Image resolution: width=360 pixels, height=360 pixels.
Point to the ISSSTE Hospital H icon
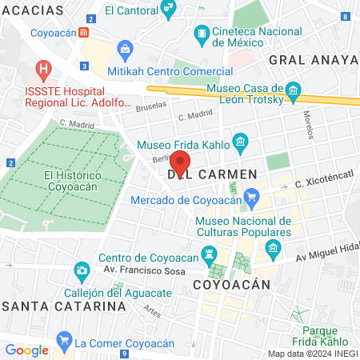coord(44,69)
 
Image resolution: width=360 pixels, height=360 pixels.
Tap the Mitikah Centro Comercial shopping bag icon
coord(126,50)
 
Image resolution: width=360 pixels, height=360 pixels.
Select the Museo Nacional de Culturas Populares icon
coord(274,246)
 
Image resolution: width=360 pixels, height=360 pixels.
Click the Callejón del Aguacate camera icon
coord(81,270)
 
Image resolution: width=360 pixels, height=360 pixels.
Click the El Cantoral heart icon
coord(168,10)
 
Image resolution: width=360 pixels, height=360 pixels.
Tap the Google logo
coord(26,350)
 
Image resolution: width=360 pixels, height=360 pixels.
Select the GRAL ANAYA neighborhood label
coord(313,60)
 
